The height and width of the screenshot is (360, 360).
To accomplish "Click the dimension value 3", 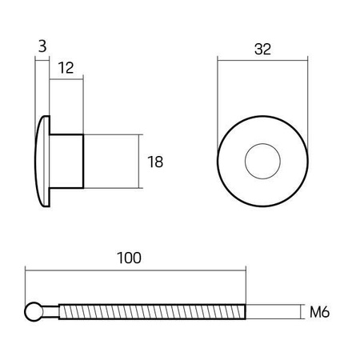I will click(x=41, y=47).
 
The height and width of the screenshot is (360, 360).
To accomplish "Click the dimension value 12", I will click(x=66, y=69).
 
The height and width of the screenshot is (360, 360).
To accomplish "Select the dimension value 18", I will click(x=155, y=162).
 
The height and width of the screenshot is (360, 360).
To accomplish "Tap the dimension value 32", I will click(x=262, y=49).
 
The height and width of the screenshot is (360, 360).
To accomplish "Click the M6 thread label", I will click(x=320, y=311).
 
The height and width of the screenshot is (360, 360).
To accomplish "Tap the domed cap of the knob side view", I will click(x=40, y=162).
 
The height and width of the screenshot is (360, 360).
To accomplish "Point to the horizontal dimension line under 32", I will click(x=262, y=61).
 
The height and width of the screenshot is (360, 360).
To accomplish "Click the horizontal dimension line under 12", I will click(x=67, y=81).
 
